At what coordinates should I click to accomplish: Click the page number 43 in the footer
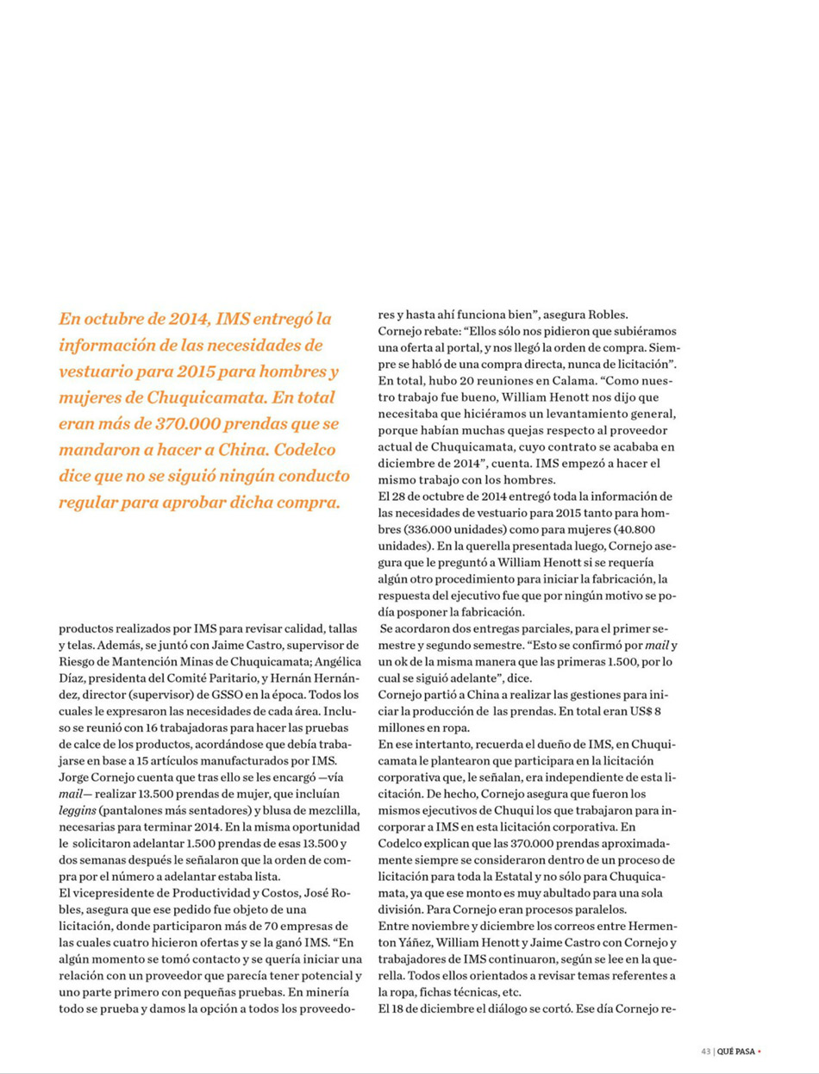pos(705,1051)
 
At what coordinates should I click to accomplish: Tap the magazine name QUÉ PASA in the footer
pos(735,1051)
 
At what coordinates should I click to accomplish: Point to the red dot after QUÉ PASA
pos(760,1051)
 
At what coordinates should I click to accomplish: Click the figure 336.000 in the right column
pos(437,529)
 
